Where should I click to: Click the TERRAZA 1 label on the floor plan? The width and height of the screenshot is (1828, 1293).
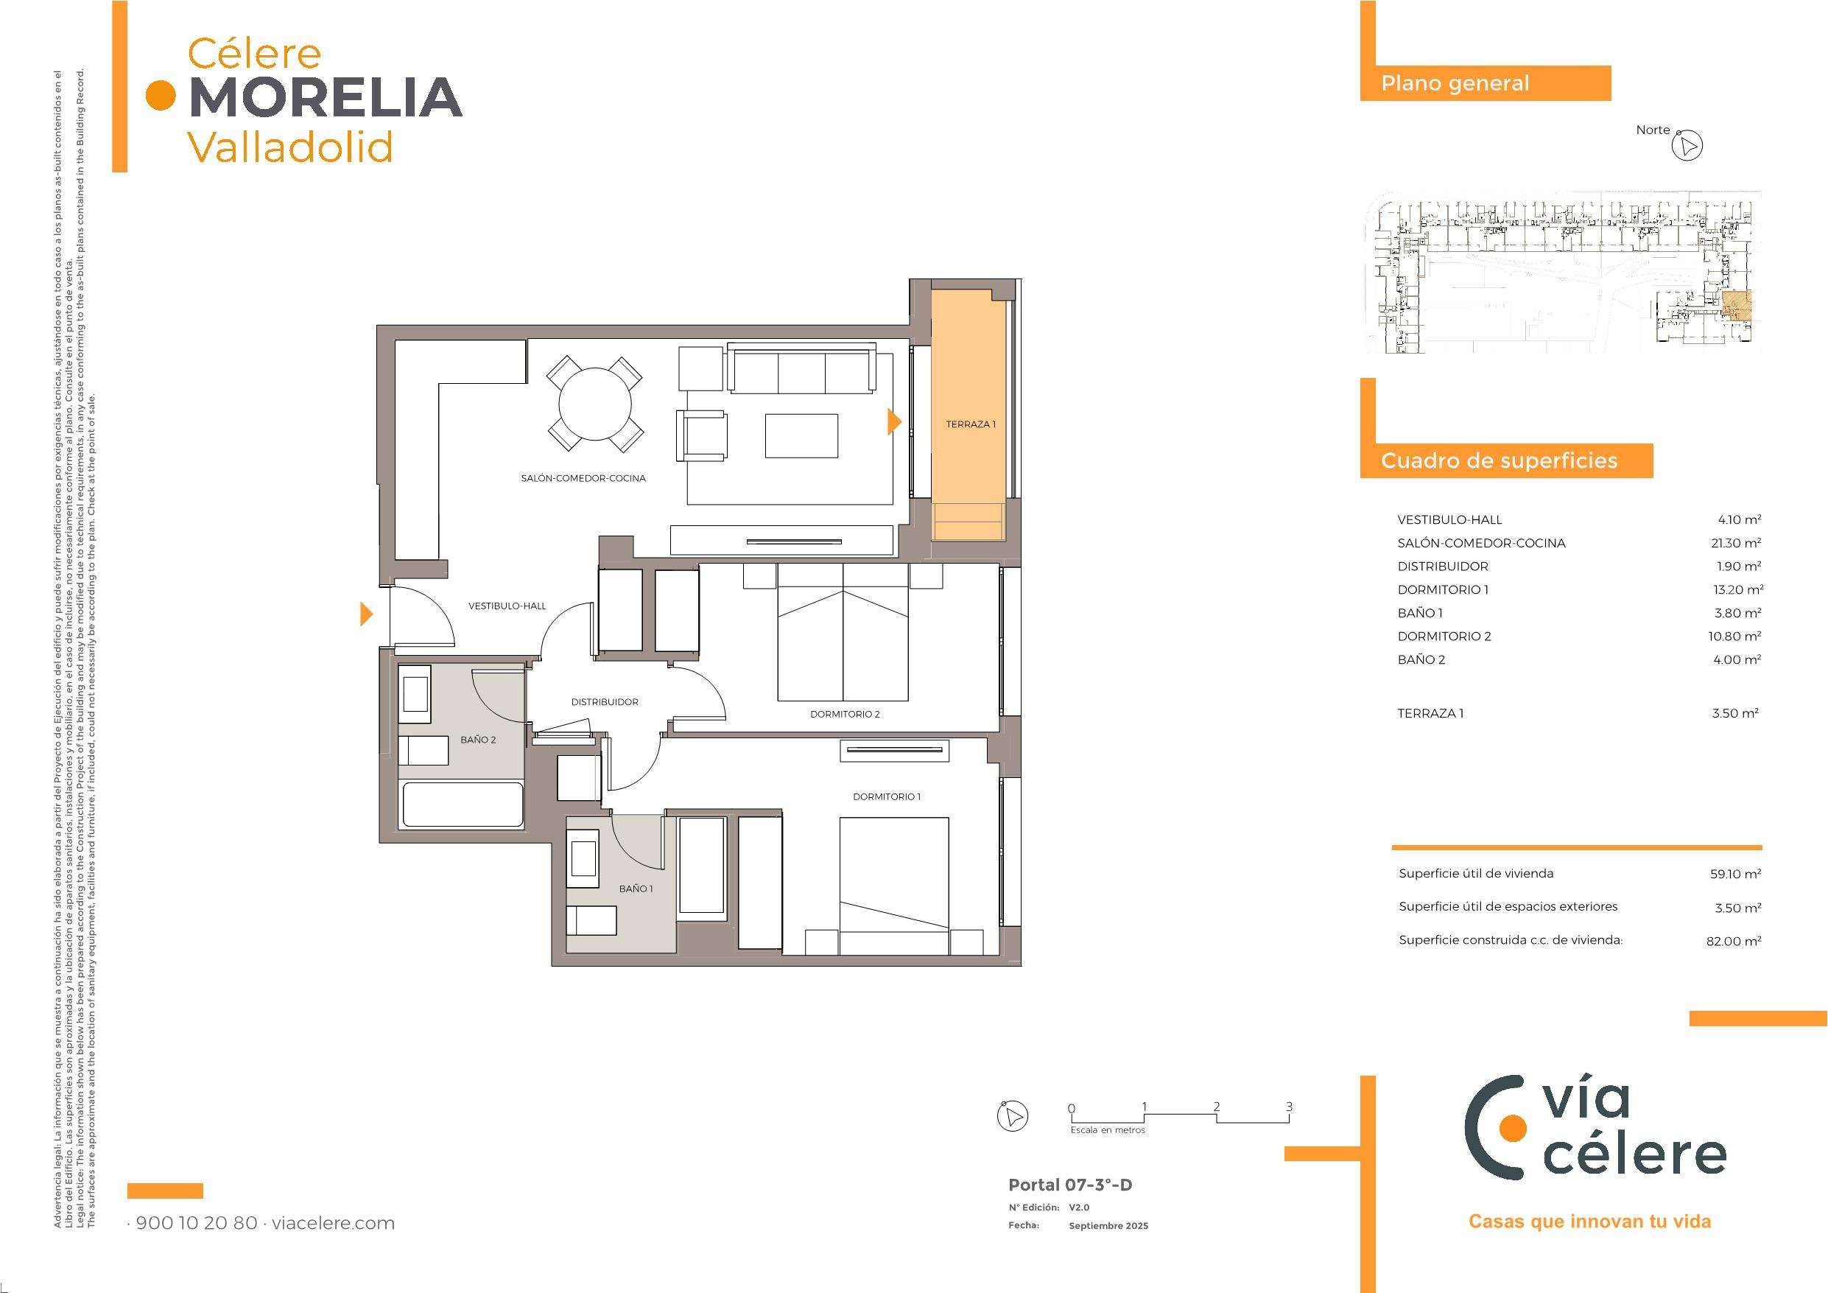(971, 424)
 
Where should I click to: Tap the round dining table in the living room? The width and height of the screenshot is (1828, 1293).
(595, 403)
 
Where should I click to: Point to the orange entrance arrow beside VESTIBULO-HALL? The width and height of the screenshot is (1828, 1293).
(366, 614)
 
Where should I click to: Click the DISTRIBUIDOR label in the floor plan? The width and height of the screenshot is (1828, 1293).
(604, 703)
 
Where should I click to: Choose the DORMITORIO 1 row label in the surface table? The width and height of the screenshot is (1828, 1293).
(1443, 590)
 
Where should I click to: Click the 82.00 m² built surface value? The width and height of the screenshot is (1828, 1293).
(1732, 941)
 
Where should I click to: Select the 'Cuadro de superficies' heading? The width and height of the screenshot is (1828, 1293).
(1500, 461)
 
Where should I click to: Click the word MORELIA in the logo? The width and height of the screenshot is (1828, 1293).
(326, 97)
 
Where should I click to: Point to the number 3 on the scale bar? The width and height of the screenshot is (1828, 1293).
(1289, 1107)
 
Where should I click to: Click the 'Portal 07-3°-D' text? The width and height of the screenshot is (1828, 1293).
(1070, 1185)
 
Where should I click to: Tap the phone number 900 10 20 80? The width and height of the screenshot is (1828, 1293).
(197, 1223)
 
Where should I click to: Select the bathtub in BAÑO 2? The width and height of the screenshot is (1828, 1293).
(463, 805)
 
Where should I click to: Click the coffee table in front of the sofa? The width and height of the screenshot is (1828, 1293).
(801, 435)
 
